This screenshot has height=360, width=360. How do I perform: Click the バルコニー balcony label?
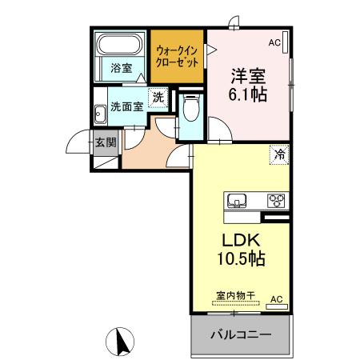240,334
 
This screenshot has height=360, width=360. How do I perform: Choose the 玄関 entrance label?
106,143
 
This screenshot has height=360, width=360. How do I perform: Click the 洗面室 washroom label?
126,106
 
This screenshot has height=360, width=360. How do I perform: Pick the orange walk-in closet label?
178,55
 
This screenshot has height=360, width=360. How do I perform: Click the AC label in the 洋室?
274,42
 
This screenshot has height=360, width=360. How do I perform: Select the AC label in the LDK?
276,299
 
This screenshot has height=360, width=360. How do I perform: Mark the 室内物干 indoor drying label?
235,295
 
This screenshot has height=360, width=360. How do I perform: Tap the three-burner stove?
276,200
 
